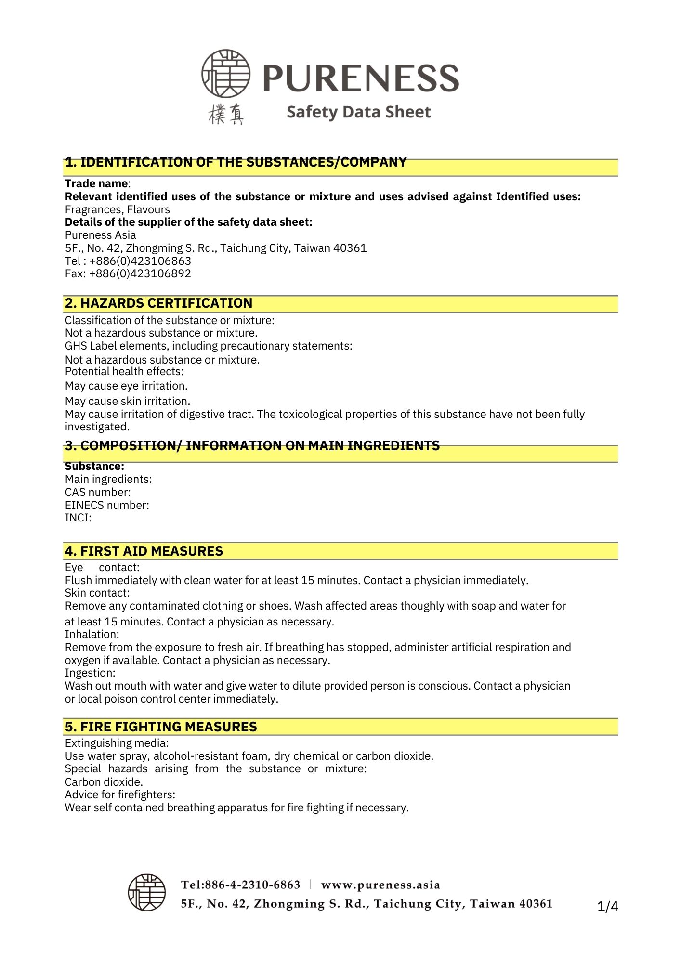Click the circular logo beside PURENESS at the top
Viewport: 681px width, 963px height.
point(225,74)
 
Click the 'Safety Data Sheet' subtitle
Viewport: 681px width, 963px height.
point(358,112)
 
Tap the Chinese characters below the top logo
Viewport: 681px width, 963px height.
point(226,115)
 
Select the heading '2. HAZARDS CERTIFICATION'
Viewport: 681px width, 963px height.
point(158,303)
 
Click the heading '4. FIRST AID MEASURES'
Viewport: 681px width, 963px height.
point(144,551)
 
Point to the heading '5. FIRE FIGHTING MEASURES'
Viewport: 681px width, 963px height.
point(161,727)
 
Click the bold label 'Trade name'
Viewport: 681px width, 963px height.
point(96,184)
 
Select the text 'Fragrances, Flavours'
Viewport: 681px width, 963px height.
point(118,210)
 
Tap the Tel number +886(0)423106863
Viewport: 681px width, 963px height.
point(140,261)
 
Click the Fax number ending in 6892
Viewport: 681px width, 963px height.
point(140,274)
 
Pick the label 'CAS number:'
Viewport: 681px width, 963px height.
point(98,493)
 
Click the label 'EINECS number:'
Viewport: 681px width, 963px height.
point(107,506)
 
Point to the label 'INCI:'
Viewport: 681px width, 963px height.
point(78,518)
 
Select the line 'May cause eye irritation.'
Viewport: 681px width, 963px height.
point(126,386)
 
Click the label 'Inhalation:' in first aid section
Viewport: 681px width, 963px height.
point(92,635)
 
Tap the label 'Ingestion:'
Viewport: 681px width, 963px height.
point(90,673)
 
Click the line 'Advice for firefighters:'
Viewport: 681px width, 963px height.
point(120,795)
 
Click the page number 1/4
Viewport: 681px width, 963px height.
point(607,907)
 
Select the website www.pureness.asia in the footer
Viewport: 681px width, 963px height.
point(380,885)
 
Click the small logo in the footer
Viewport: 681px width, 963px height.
point(147,892)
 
